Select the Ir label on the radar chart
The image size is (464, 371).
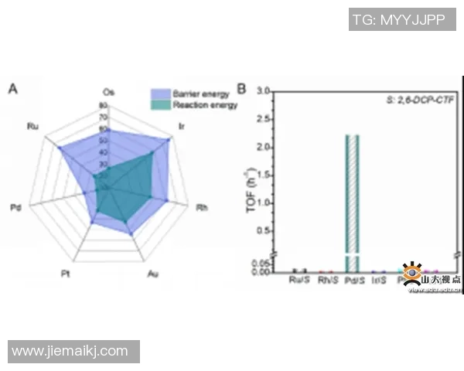181,125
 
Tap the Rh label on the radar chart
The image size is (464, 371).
202,207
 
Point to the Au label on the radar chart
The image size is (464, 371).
153,273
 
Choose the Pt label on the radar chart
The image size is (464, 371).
66,273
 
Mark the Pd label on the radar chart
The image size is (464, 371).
16,207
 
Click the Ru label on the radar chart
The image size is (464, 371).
32,125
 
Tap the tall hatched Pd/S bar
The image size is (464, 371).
352,193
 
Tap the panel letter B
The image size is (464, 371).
241,89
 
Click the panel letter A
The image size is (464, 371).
12,89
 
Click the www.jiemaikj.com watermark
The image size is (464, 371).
70,351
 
